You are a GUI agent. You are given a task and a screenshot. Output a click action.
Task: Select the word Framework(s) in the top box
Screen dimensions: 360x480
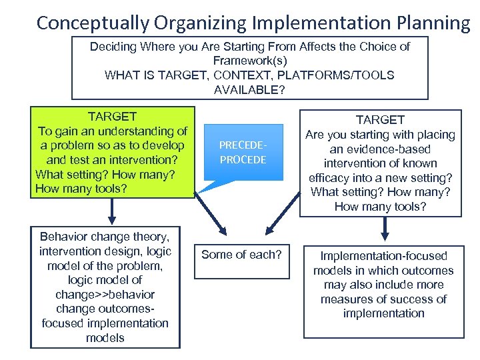[x=250, y=61]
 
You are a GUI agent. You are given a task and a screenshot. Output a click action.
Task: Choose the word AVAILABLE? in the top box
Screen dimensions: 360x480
[x=250, y=90]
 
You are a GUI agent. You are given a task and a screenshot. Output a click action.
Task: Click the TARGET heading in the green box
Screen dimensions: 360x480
[x=113, y=117]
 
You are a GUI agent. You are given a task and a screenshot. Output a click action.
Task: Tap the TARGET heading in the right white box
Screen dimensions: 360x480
[x=380, y=120]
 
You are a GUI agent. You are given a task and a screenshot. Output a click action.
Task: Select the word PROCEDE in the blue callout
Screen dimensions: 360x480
[x=243, y=160]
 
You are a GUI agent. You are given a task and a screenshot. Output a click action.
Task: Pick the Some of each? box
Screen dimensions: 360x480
[x=242, y=255]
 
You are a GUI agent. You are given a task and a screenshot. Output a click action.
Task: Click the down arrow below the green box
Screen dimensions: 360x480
[x=112, y=213]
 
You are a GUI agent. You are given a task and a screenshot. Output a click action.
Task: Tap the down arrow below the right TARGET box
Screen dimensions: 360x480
[x=385, y=231]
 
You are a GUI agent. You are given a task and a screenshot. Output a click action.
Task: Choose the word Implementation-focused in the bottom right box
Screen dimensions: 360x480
[x=383, y=256]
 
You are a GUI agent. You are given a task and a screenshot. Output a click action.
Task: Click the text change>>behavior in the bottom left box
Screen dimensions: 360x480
[x=105, y=295]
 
